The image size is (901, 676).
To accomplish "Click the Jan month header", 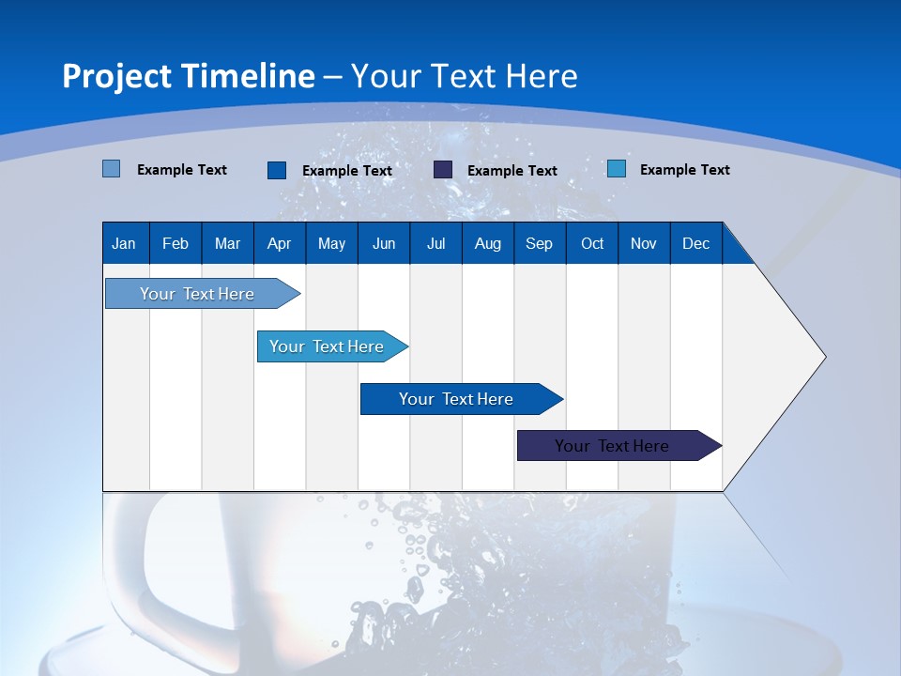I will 124,243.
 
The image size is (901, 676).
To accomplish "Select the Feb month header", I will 176,243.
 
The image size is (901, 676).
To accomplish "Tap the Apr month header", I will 279,243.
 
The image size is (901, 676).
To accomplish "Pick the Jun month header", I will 384,243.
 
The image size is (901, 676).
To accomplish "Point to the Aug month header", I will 488,243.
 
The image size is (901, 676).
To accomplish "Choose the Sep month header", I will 540,243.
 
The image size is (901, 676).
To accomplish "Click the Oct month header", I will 592,243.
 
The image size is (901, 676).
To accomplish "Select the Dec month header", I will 696,243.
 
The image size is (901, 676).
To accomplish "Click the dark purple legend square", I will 443,170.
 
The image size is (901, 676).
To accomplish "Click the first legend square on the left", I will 112,169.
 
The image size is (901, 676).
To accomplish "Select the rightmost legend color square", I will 617,169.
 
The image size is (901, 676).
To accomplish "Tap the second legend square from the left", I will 277,170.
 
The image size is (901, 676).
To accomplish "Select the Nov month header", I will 644,243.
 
